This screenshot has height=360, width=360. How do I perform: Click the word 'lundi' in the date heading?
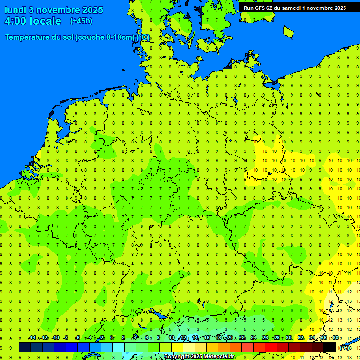(15, 10)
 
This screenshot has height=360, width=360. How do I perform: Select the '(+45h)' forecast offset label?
(81, 21)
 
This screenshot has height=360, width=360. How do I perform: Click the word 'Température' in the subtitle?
(29, 37)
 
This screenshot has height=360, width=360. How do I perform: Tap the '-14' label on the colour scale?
(32, 338)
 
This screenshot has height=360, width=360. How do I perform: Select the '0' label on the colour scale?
(112, 338)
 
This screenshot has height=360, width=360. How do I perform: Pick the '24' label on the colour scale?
(254, 338)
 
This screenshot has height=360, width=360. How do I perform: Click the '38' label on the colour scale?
(336, 338)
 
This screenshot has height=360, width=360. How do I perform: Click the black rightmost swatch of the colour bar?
(330, 347)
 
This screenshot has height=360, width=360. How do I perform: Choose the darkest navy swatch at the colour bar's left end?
(25, 347)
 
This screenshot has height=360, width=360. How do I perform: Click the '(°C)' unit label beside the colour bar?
(345, 348)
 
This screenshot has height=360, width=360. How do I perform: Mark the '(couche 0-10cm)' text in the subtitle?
(105, 37)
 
